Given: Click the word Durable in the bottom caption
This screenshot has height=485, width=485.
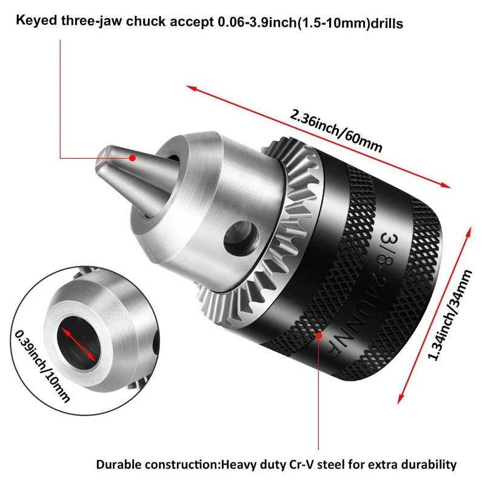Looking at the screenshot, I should tap(118, 465).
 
